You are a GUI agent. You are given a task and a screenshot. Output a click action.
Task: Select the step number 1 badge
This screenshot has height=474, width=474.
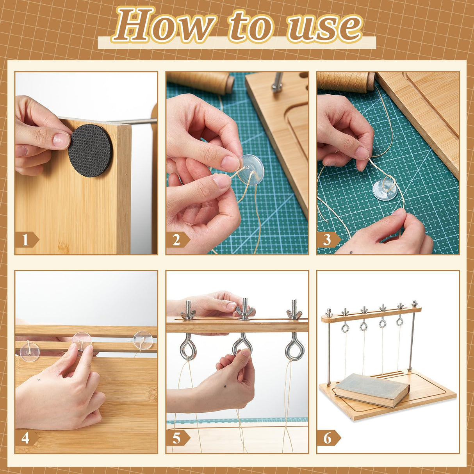pyautogui.click(x=27, y=240)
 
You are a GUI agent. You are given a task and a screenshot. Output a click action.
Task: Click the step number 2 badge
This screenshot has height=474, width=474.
pyautogui.click(x=178, y=240)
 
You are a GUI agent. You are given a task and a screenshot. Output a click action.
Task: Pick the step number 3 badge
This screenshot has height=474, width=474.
pyautogui.click(x=329, y=240)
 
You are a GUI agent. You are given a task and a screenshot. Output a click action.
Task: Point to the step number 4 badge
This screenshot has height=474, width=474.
pyautogui.click(x=27, y=438)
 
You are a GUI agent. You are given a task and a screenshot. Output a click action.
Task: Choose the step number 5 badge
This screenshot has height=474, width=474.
pyautogui.click(x=178, y=438)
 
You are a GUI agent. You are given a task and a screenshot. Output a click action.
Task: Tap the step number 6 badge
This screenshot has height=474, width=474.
pyautogui.click(x=329, y=438)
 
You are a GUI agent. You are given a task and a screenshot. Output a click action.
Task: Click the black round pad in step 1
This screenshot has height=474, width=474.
pyautogui.click(x=90, y=151)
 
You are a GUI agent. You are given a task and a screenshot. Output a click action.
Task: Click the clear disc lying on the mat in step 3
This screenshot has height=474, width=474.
pyautogui.click(x=385, y=188)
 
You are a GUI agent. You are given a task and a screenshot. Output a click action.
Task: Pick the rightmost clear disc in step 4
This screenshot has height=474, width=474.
pyautogui.click(x=143, y=340)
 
